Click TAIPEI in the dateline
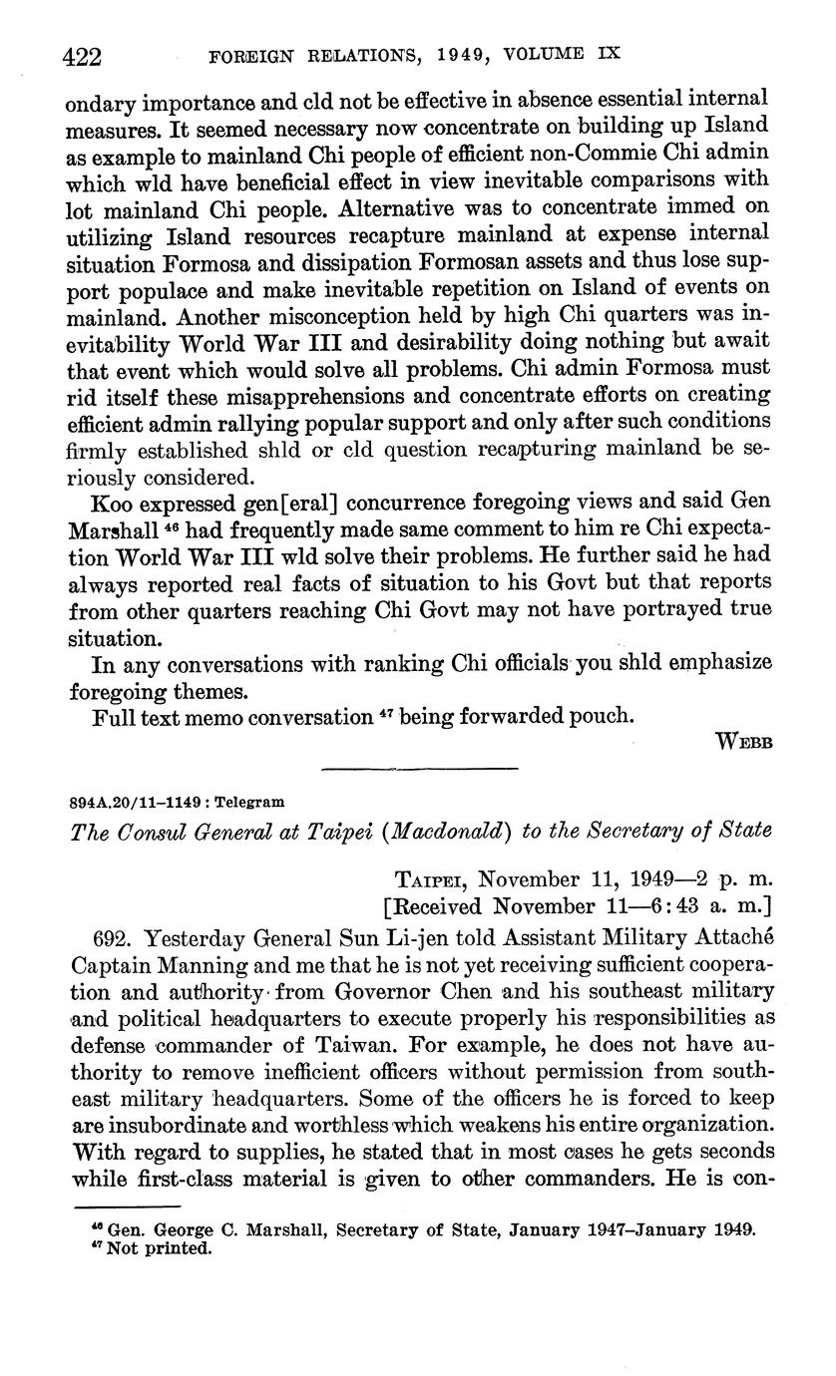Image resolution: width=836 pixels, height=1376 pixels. pyautogui.click(x=432, y=881)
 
